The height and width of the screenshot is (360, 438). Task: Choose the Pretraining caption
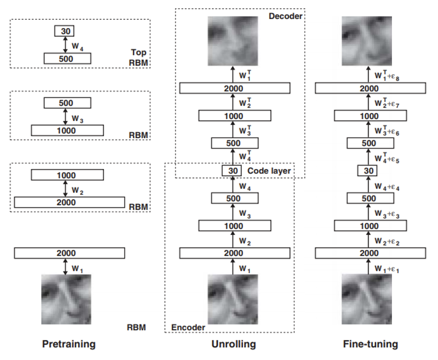(x=69, y=344)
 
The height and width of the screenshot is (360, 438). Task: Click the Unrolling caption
(x=234, y=344)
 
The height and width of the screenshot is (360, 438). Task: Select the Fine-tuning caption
(x=370, y=344)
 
